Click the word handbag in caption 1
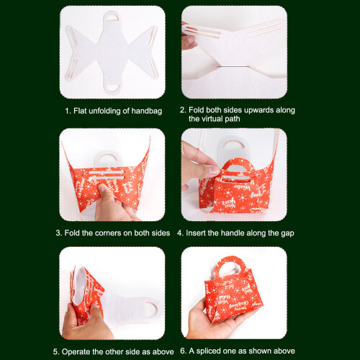[x=146, y=111]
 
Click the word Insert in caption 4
[x=196, y=233]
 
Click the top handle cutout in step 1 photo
[x=112, y=17]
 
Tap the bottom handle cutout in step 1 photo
[x=112, y=88]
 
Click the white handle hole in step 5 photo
[x=150, y=310]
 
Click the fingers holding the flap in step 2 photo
[x=189, y=38]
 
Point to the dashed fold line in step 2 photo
[x=233, y=66]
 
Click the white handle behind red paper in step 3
[x=106, y=158]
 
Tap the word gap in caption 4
[x=288, y=233]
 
